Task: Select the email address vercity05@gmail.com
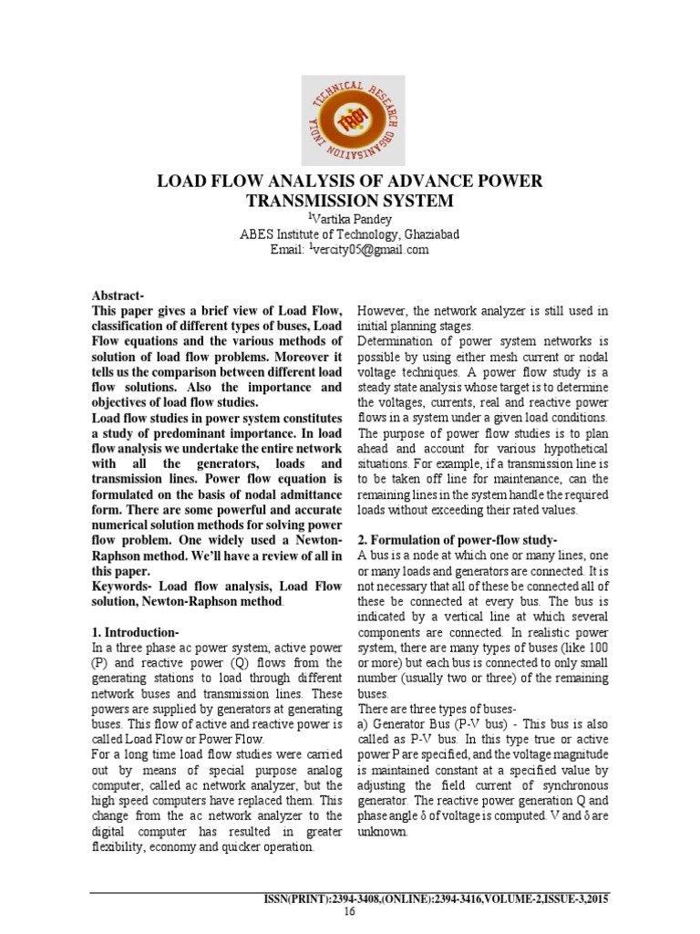[370, 250]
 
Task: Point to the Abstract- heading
[118, 296]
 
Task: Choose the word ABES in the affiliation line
[256, 234]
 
